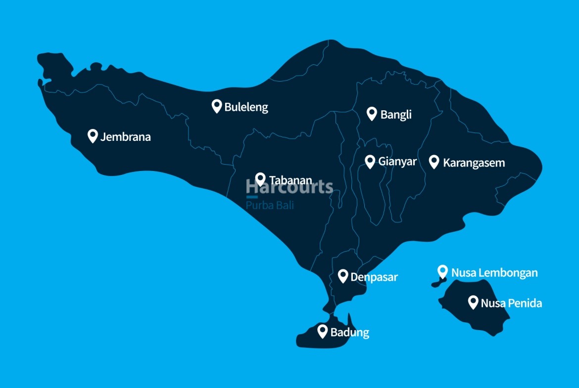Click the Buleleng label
[x=246, y=107]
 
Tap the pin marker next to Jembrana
[x=93, y=135]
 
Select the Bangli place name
[x=396, y=115]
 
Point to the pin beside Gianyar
[x=370, y=161]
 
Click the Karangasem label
[x=474, y=163]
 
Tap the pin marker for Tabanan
[x=260, y=179]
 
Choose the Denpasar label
[x=374, y=277]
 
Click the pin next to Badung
[x=323, y=331]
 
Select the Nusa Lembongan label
[x=494, y=272]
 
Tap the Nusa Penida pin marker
[x=473, y=302]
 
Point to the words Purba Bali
[x=270, y=205]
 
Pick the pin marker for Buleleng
[x=216, y=106]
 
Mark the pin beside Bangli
[x=372, y=114]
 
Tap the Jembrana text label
[x=125, y=137]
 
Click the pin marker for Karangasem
[x=434, y=161]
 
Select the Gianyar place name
[x=397, y=162]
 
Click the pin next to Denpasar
[x=343, y=276]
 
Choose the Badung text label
[x=349, y=333]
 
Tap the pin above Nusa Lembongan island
[x=443, y=271]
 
